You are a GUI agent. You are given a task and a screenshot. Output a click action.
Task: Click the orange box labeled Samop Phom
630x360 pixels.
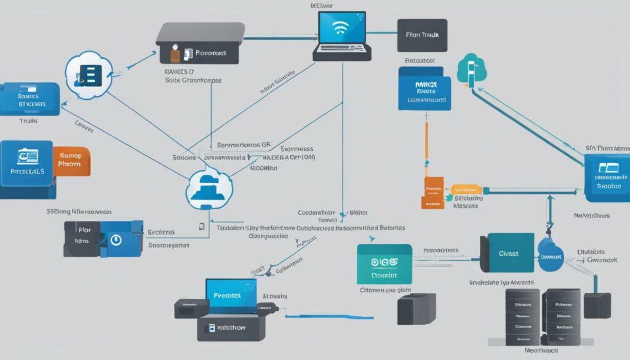70,161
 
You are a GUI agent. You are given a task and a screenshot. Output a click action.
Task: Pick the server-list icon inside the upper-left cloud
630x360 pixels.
90,76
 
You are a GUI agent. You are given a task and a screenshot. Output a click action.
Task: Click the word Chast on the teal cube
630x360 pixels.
508,254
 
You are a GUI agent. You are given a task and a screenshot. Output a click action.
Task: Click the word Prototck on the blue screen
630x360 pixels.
230,294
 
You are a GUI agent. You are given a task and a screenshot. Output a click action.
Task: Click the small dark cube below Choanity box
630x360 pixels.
416,308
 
